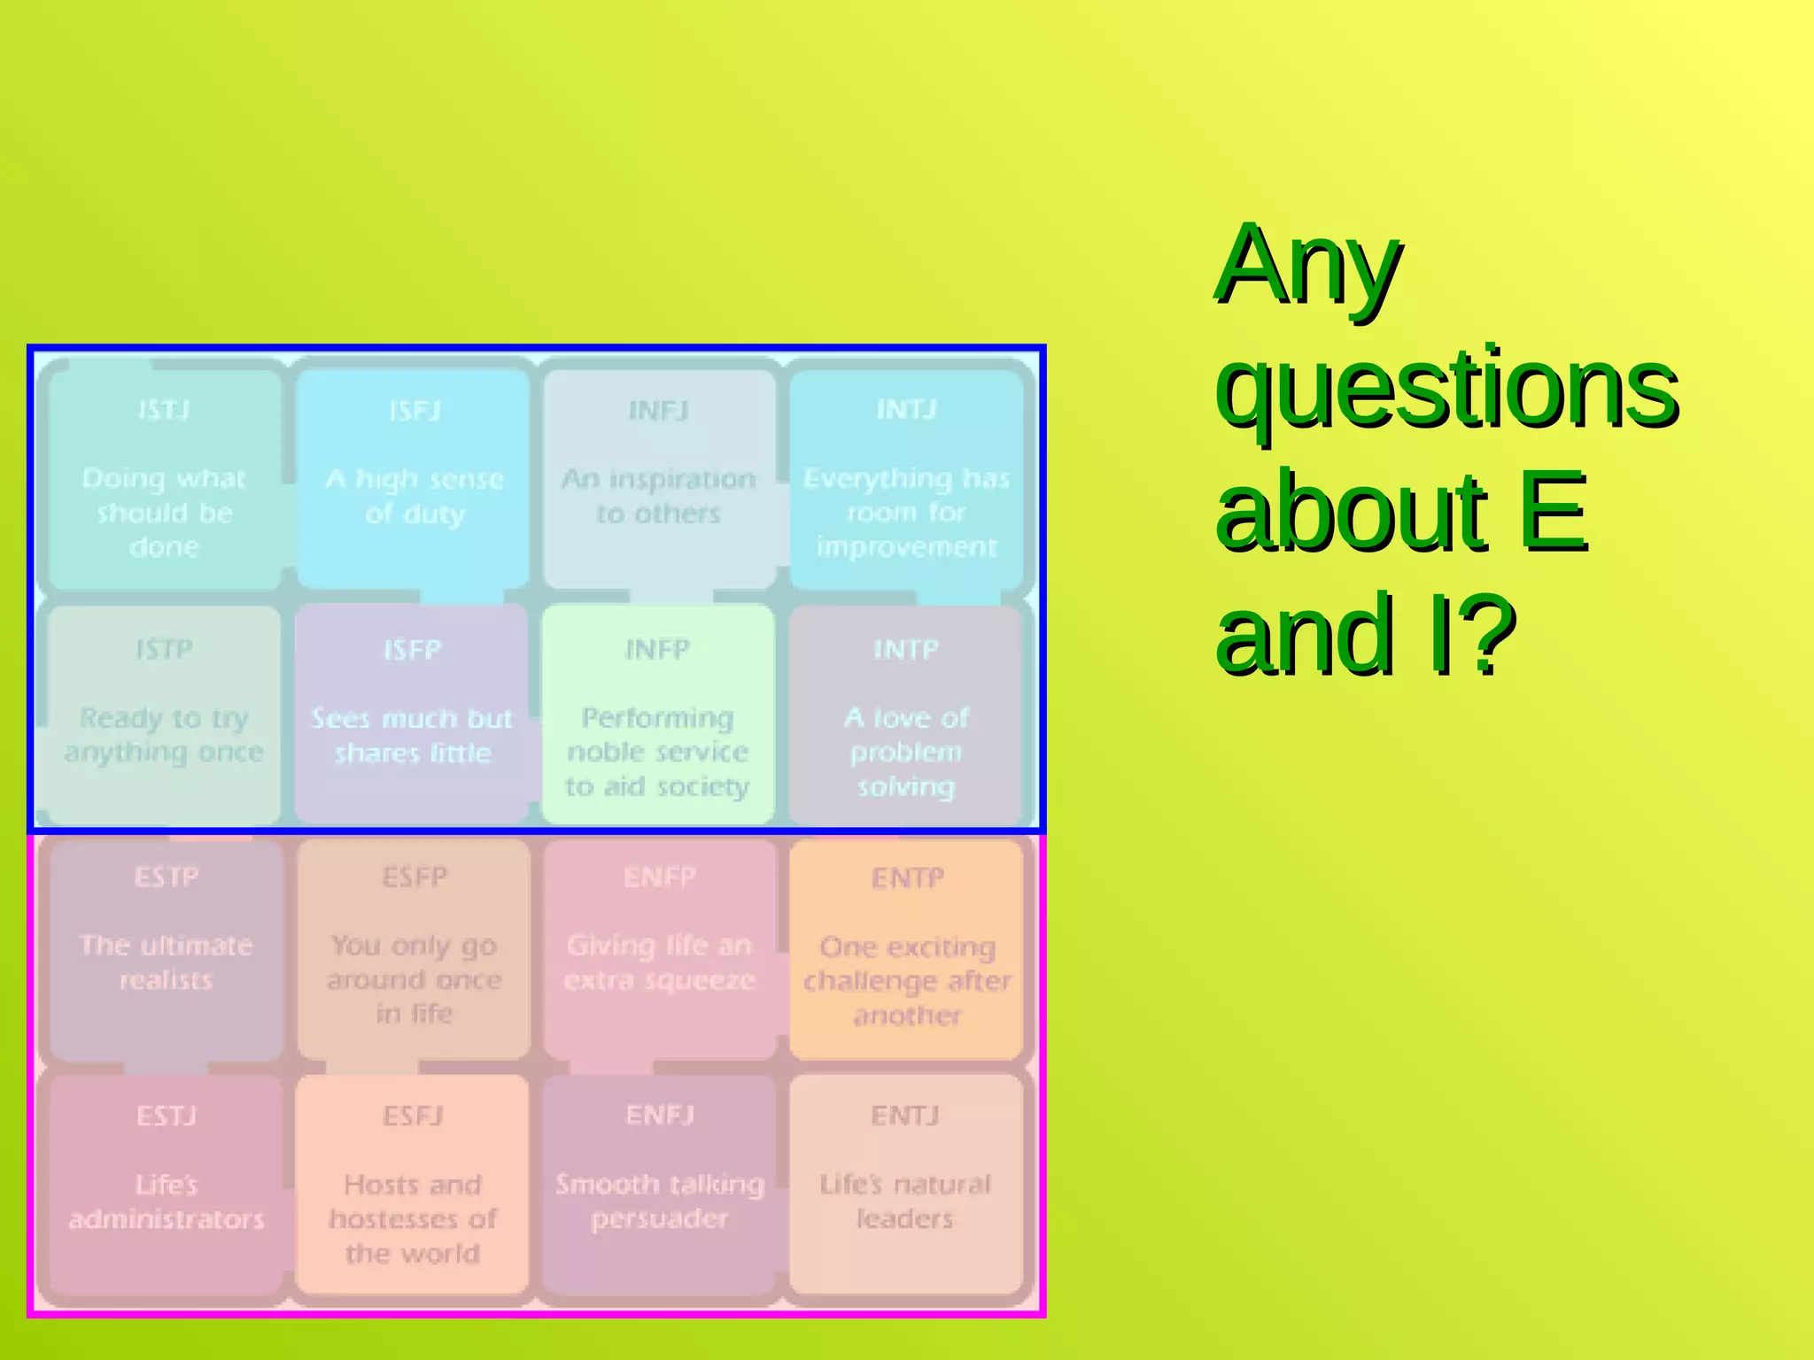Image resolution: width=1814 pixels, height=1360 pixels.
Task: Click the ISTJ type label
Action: [164, 410]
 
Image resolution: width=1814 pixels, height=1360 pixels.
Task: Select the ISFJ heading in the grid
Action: [415, 411]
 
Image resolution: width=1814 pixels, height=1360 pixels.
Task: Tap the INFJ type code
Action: [658, 411]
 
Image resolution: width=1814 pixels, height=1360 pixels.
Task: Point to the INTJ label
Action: [905, 409]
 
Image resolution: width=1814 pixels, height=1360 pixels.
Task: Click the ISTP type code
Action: [164, 649]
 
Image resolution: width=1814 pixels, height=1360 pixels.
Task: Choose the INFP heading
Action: [657, 649]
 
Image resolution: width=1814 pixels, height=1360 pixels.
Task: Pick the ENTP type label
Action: [907, 877]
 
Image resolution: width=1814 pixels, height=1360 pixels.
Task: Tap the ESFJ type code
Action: [413, 1116]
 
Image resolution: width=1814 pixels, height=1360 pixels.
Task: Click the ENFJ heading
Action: [660, 1115]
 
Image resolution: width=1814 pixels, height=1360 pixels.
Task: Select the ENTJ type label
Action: [904, 1116]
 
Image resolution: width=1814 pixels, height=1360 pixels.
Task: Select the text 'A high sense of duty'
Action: [415, 496]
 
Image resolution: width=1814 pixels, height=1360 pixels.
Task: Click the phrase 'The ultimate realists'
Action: [167, 962]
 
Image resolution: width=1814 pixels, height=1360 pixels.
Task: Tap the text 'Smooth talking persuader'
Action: [660, 1202]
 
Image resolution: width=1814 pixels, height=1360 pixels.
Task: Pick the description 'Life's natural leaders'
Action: [905, 1202]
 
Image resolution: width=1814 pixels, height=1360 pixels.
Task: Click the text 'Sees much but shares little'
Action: [413, 735]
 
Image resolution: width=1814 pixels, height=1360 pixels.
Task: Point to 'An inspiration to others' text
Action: [658, 496]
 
